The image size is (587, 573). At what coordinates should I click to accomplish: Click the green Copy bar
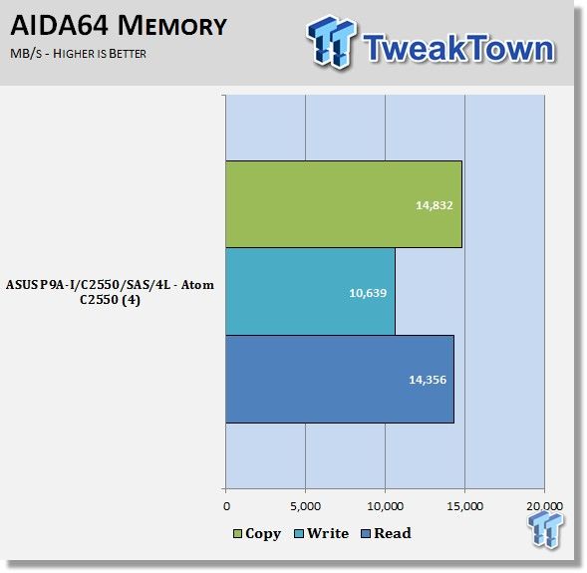(x=344, y=204)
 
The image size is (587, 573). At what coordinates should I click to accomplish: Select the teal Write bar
(x=310, y=292)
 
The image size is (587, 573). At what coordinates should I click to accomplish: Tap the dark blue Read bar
(x=340, y=379)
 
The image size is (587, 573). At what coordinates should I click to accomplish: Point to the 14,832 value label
(x=435, y=205)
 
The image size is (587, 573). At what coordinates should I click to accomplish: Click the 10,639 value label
(x=368, y=293)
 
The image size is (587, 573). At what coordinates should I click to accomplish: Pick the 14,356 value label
(x=428, y=380)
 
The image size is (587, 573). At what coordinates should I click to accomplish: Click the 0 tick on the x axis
(x=226, y=506)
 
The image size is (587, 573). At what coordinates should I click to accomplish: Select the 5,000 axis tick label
(x=306, y=506)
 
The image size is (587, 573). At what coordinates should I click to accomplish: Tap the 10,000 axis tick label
(x=386, y=506)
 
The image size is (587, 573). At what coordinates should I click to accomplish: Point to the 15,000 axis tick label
(x=465, y=506)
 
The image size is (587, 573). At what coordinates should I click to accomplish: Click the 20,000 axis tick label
(x=545, y=506)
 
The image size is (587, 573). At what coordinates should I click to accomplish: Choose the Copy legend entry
(x=257, y=534)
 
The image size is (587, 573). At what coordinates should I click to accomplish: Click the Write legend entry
(x=322, y=533)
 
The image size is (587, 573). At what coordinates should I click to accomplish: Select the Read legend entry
(x=386, y=533)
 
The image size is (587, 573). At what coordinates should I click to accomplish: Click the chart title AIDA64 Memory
(x=119, y=26)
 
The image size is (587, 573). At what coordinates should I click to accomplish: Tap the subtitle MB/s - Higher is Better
(x=78, y=54)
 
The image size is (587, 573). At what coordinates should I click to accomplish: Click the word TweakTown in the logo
(x=459, y=48)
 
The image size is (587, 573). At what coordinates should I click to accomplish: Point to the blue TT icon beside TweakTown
(x=331, y=42)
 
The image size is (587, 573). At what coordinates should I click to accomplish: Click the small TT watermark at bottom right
(x=545, y=529)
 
